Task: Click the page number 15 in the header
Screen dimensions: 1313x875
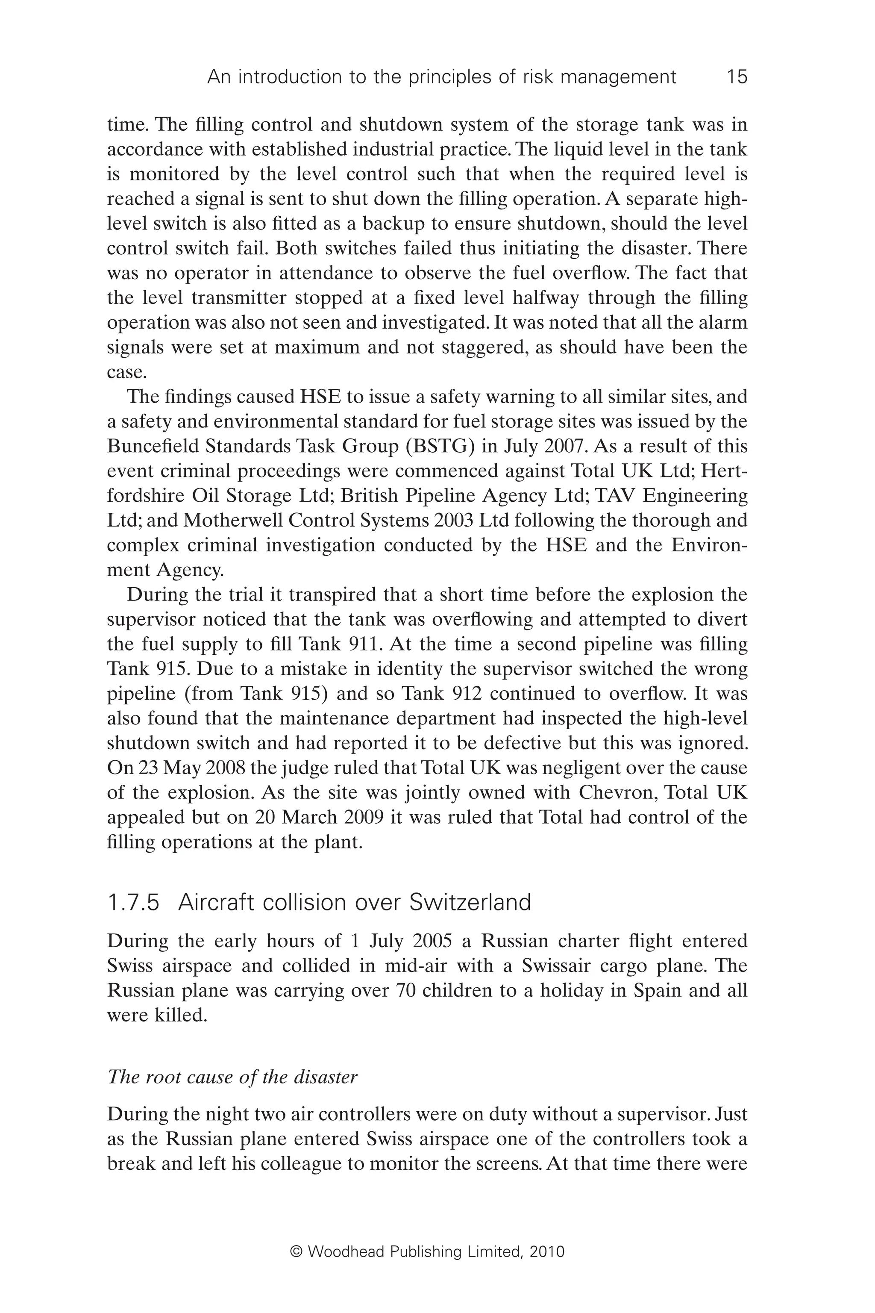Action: point(737,77)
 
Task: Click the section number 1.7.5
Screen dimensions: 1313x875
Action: point(133,903)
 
